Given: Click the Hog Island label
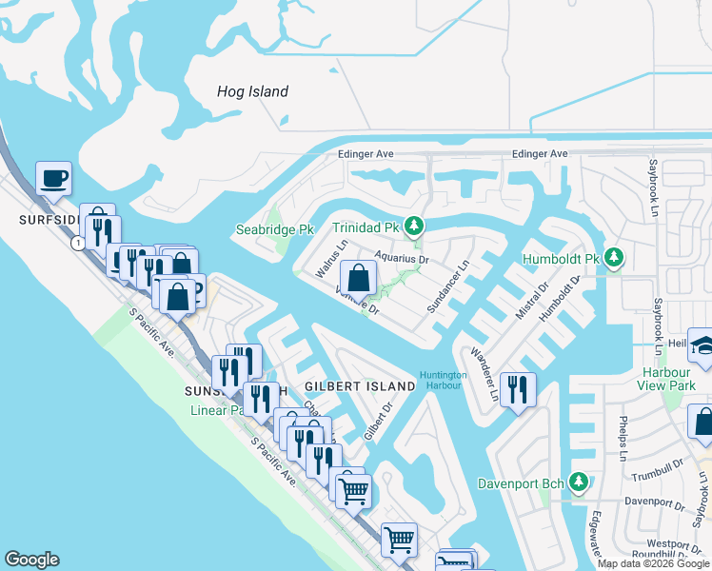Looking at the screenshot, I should pos(252,92).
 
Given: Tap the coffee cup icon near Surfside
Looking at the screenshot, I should pos(53,178).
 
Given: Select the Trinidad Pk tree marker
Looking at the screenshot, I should pos(413,226).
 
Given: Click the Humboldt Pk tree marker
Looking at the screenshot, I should pos(614,258).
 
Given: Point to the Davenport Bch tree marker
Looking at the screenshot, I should pos(577,482).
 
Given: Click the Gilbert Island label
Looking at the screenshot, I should pos(360,386).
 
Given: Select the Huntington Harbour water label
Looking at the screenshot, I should pos(444,381).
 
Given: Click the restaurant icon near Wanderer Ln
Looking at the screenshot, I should pos(518,389).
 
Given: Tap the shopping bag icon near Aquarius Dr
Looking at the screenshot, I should pos(359,279).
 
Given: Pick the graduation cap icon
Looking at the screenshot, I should pos(702,344).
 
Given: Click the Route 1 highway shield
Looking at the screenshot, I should pos(74,243).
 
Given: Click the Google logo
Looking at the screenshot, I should pos(31,560).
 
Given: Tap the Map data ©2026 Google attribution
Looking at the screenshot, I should pos(653,563).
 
